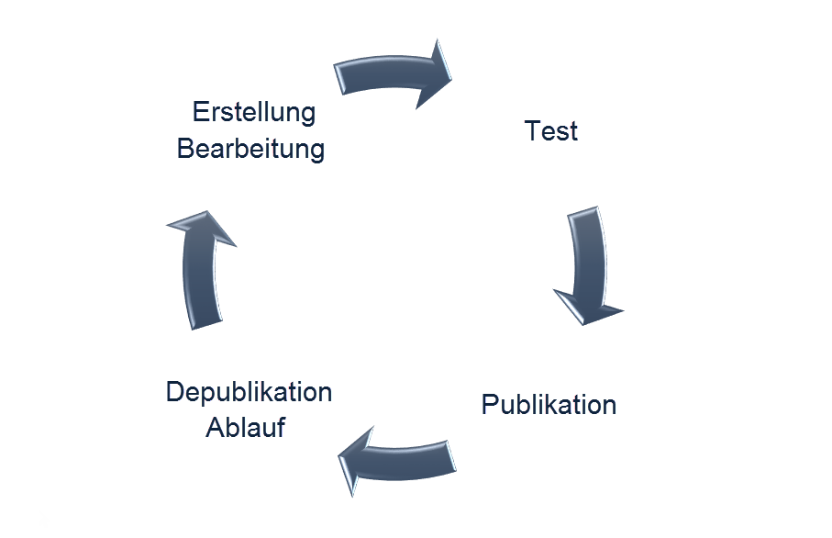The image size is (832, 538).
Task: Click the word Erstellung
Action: tap(254, 112)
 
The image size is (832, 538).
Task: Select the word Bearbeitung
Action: tap(250, 149)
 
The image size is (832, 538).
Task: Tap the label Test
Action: tap(550, 131)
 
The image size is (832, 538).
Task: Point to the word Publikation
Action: tap(549, 404)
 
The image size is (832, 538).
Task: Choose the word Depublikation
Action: tap(249, 392)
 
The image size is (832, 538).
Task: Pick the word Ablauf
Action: tap(245, 428)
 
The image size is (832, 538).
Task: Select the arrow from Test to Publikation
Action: tap(587, 262)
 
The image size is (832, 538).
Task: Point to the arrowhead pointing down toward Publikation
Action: tap(588, 305)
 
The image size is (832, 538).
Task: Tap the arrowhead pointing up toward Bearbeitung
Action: tap(201, 230)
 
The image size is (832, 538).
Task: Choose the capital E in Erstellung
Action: tap(200, 112)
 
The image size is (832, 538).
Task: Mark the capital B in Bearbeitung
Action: tap(185, 149)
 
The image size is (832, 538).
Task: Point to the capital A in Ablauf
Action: tap(215, 428)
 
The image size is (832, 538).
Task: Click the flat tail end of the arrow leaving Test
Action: tap(584, 213)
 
